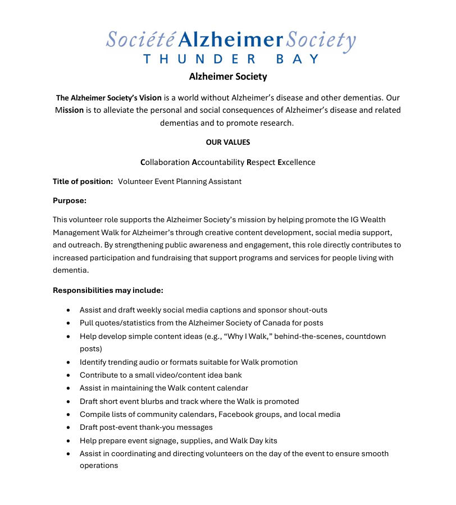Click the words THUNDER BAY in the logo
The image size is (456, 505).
click(x=231, y=59)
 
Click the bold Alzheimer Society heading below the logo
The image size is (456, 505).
click(x=228, y=76)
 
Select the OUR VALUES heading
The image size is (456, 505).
click(x=228, y=142)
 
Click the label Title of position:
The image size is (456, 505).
click(x=83, y=181)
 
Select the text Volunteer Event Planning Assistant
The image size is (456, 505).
click(x=180, y=181)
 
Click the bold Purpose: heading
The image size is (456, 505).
click(x=70, y=200)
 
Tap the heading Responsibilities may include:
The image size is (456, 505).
click(x=108, y=290)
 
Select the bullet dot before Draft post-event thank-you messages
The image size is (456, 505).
click(x=68, y=428)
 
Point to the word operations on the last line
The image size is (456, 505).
click(x=99, y=465)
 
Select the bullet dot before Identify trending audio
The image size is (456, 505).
click(x=68, y=362)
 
